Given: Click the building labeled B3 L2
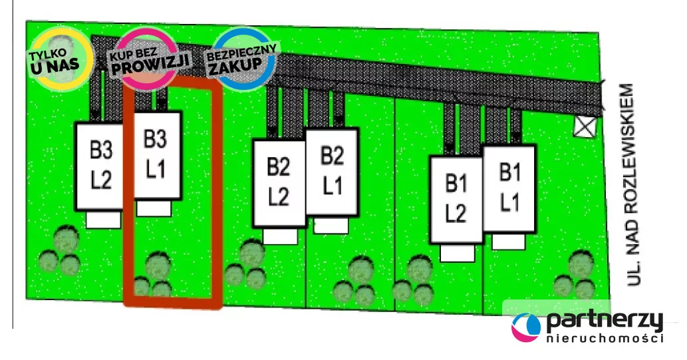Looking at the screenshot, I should (100, 166).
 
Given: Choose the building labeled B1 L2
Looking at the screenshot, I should (456, 198).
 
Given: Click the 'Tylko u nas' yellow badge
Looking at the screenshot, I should (59, 59).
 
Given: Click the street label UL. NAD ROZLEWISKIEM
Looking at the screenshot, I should (634, 186).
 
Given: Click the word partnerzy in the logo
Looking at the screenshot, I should (604, 321).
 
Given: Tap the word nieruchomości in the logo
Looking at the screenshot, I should (604, 339).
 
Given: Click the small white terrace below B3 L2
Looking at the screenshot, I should (103, 220).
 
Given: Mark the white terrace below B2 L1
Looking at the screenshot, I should (331, 226).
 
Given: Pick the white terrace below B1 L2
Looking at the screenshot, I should (456, 252).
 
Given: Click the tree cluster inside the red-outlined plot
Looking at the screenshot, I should (153, 275).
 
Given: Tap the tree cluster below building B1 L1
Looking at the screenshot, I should (576, 275).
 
